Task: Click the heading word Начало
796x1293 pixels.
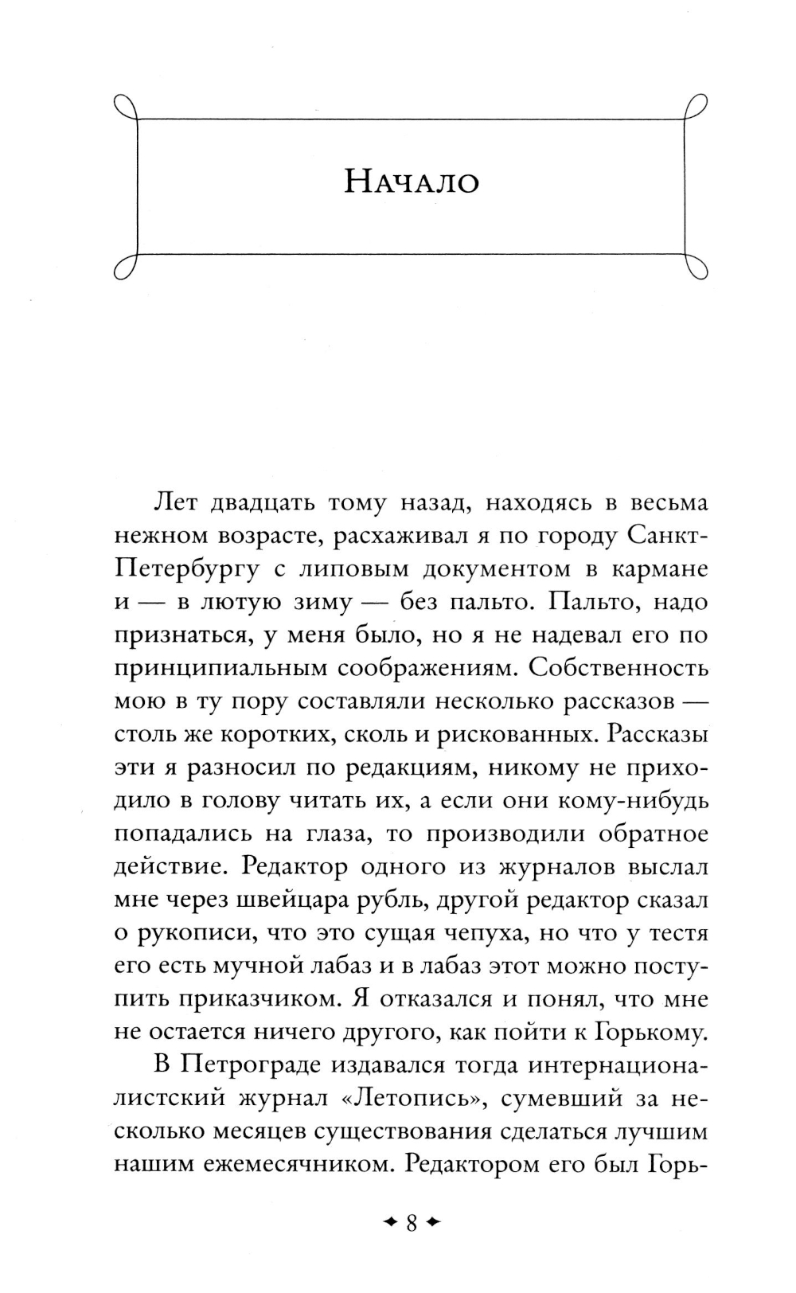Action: tap(412, 183)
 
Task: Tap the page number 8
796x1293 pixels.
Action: tap(412, 1222)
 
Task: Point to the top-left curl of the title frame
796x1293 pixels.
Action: tap(123, 106)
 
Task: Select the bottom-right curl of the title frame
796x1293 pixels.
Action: tap(697, 267)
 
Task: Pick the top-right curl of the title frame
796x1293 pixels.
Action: tap(697, 106)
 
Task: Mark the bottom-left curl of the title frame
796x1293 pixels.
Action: tap(123, 267)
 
